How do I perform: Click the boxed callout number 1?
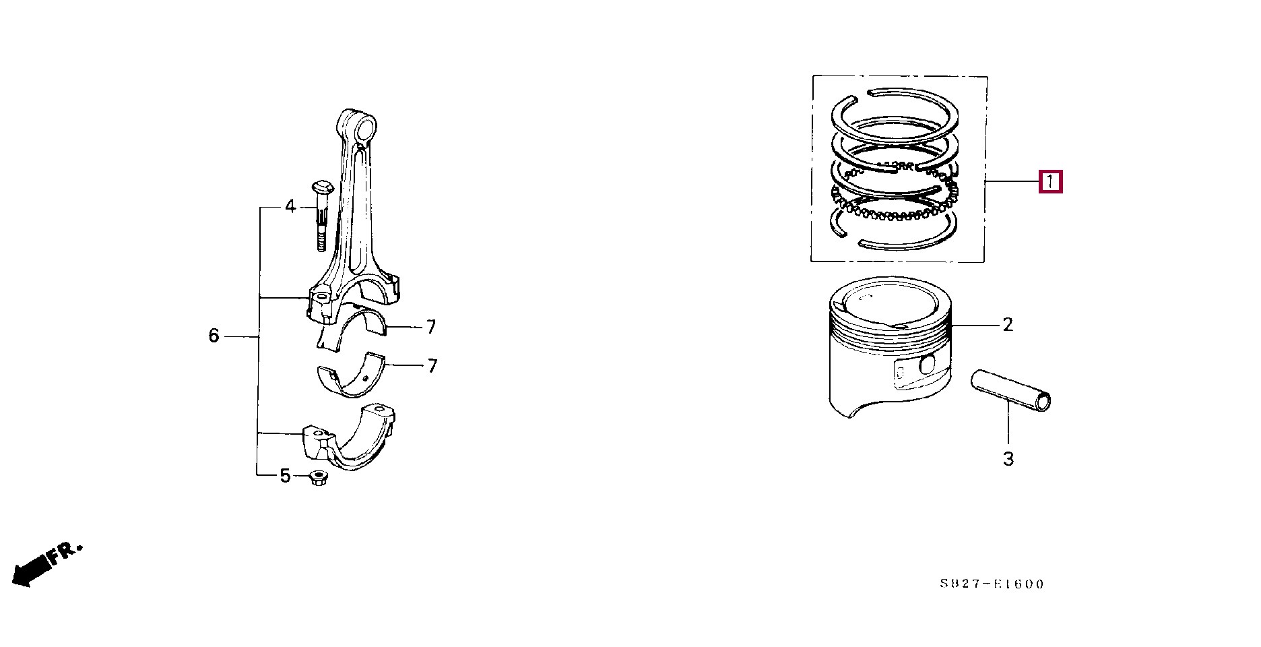click(x=1050, y=182)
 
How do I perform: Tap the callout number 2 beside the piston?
click(x=1008, y=325)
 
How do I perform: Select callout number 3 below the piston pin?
click(x=1008, y=459)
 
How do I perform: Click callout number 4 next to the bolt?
click(x=290, y=206)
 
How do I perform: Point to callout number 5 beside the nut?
click(x=285, y=476)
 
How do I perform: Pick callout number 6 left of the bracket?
click(x=214, y=336)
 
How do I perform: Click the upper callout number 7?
click(x=431, y=327)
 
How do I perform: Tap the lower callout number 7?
click(x=432, y=366)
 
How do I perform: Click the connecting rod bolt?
click(x=321, y=215)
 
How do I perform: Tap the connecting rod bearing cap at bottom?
click(x=349, y=437)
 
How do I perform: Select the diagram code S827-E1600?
click(x=992, y=584)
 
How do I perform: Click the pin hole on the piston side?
click(x=928, y=365)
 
